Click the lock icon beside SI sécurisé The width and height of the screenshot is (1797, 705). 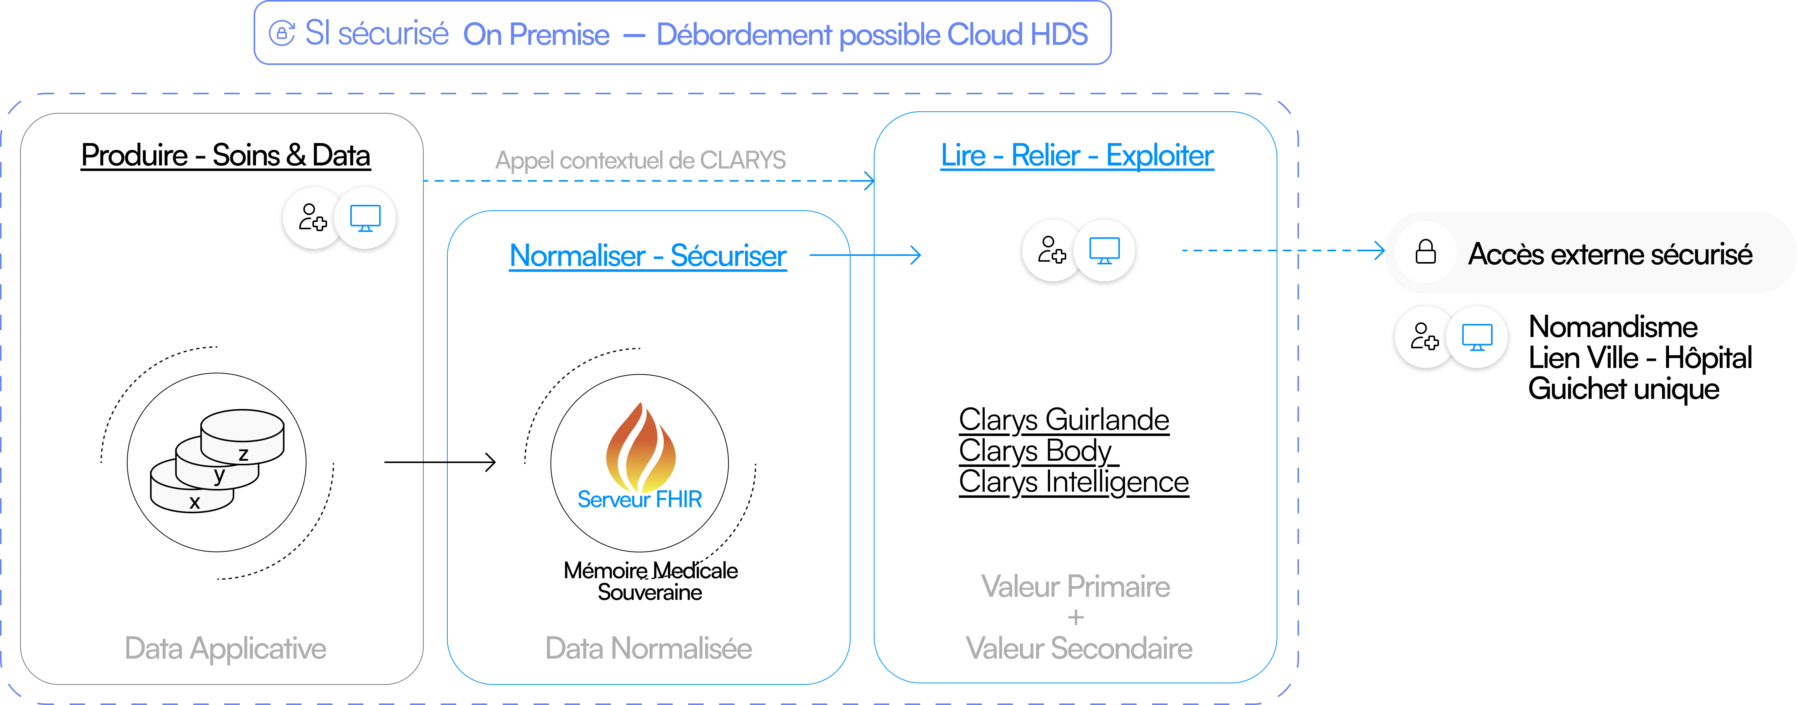tap(282, 34)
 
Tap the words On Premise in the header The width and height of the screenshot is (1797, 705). tap(536, 34)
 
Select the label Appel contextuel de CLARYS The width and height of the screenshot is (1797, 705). tap(640, 160)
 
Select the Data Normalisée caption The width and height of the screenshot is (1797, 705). tap(648, 649)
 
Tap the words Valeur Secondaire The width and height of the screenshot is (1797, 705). tap(1079, 649)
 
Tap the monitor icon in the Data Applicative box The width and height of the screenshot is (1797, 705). tap(365, 218)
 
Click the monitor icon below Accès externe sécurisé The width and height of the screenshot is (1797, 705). tap(1477, 337)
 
